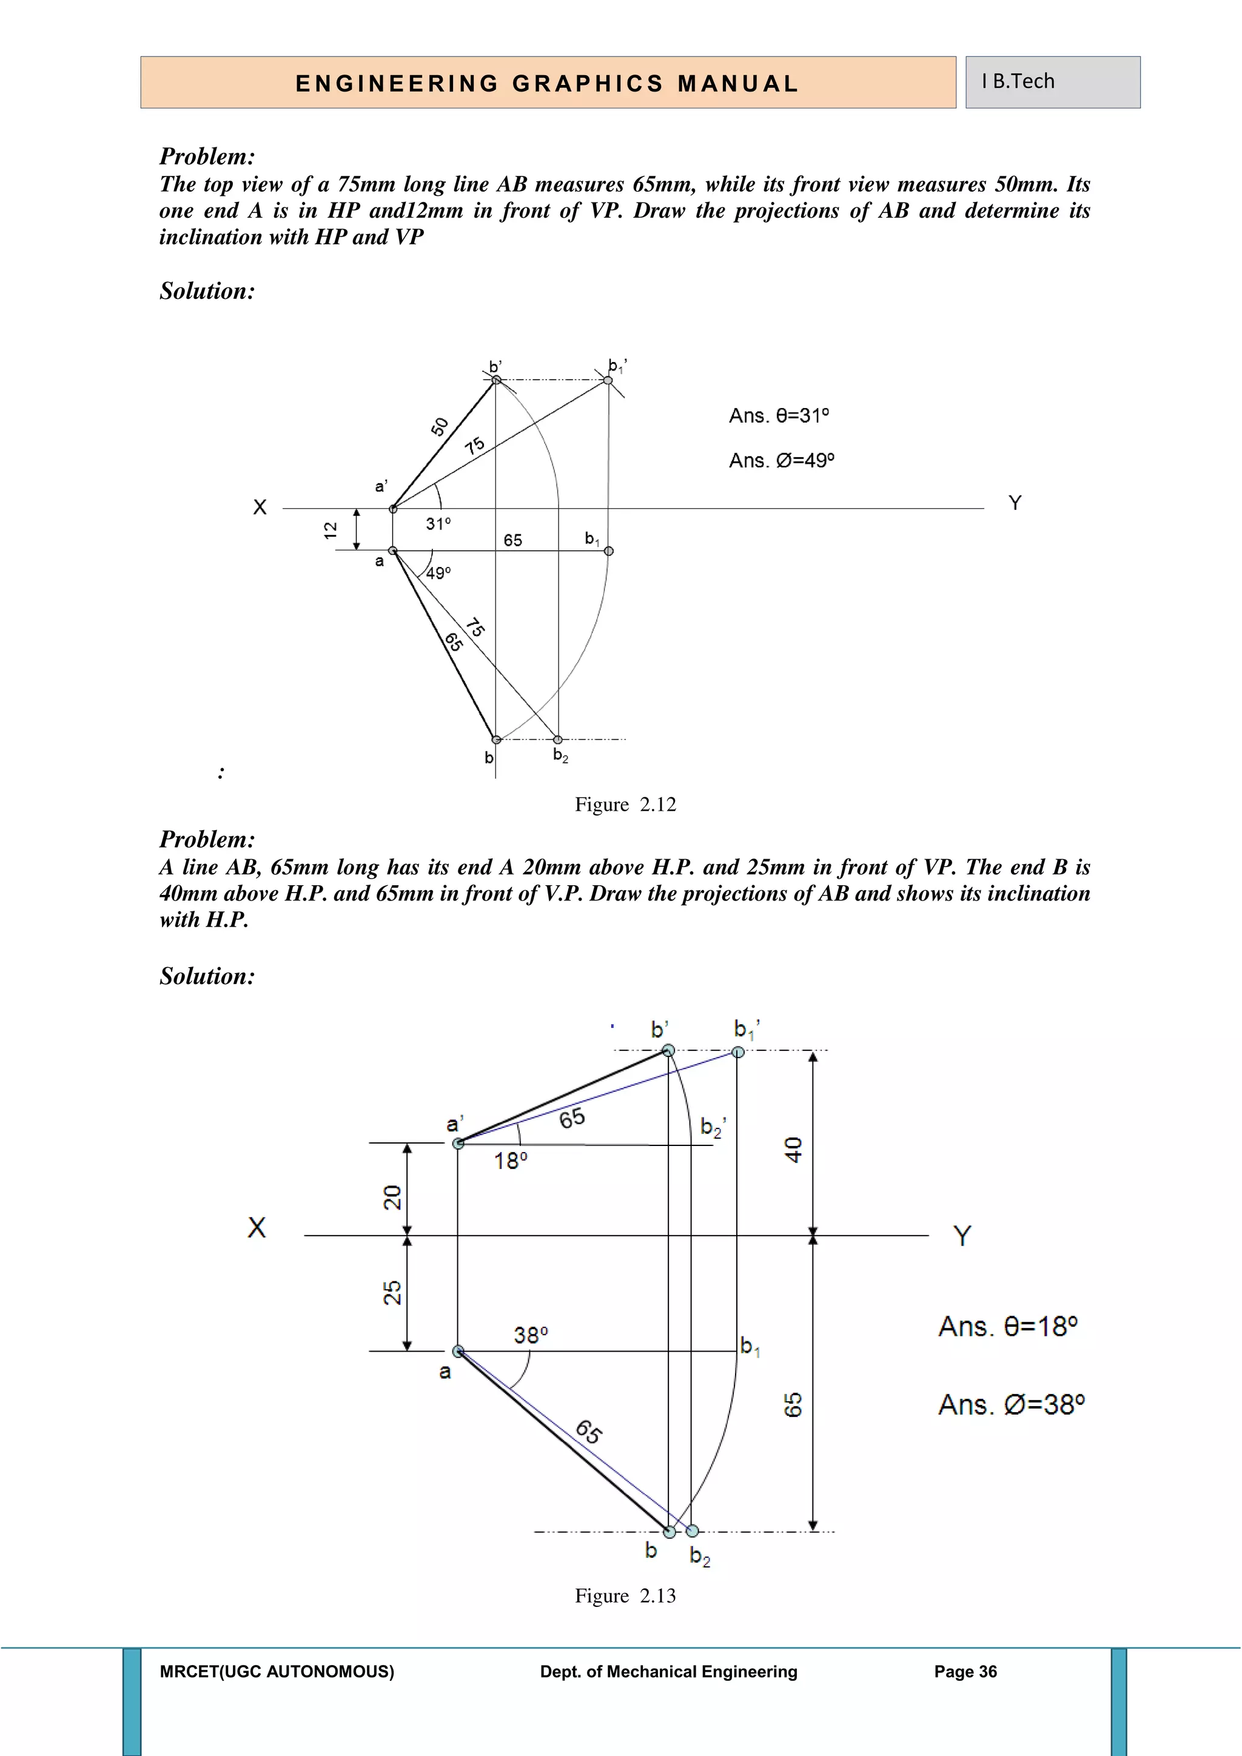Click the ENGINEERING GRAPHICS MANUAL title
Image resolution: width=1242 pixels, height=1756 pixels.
pyautogui.click(x=548, y=83)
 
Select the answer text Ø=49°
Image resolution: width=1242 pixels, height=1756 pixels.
pyautogui.click(x=781, y=460)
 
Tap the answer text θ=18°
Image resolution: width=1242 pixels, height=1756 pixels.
pyautogui.click(x=1007, y=1326)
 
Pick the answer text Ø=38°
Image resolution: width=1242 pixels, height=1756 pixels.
pyautogui.click(x=1011, y=1405)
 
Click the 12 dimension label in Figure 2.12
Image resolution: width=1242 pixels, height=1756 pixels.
pyautogui.click(x=331, y=530)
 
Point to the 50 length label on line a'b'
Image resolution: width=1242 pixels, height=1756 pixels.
pyautogui.click(x=439, y=427)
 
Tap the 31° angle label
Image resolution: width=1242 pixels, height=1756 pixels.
pyautogui.click(x=438, y=524)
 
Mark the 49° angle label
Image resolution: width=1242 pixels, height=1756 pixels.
pyautogui.click(x=438, y=573)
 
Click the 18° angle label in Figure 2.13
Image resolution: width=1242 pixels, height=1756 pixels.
pyautogui.click(x=510, y=1161)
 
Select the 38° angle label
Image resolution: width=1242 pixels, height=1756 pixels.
pyautogui.click(x=530, y=1335)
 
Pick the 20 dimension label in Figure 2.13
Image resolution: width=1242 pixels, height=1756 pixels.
pyautogui.click(x=392, y=1197)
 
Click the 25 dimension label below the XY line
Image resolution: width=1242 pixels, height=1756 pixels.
pyautogui.click(x=392, y=1293)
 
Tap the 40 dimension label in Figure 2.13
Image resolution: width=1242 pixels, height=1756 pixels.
pyautogui.click(x=793, y=1150)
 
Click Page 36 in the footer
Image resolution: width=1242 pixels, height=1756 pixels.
pyautogui.click(x=965, y=1672)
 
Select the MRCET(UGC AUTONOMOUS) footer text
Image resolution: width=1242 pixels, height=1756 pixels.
pyautogui.click(x=277, y=1672)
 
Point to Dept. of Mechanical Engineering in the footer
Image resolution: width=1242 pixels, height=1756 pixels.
pyautogui.click(x=668, y=1672)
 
